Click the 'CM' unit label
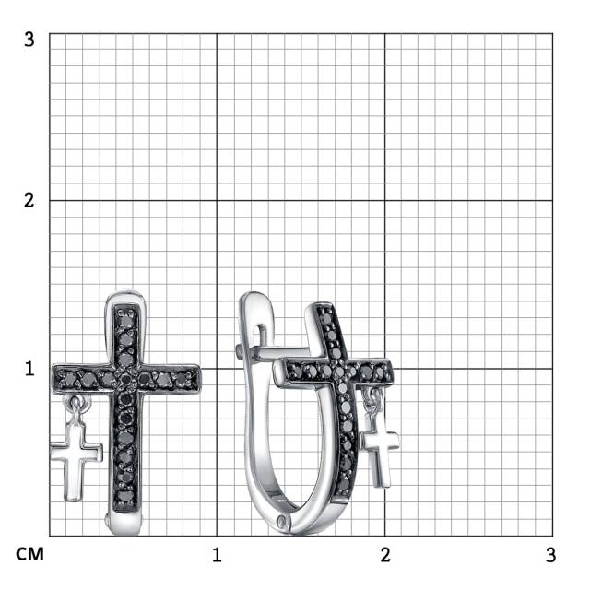[29, 554]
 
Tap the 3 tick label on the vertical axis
[29, 39]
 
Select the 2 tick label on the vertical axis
[29, 200]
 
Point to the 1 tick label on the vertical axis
[29, 369]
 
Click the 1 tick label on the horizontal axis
[217, 555]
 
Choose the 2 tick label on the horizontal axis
[385, 555]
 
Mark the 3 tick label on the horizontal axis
[551, 555]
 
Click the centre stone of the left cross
[126, 379]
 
